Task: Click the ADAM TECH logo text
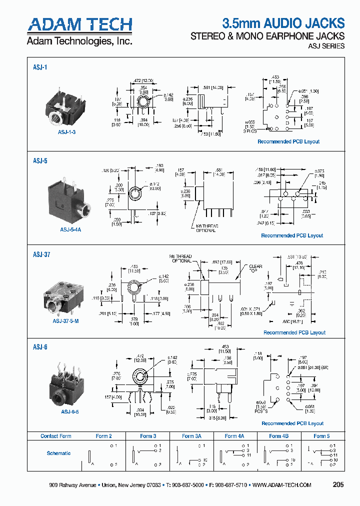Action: tap(79, 24)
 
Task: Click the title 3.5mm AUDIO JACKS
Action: tap(283, 23)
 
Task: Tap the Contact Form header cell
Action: tap(56, 436)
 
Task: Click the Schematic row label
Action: tap(58, 453)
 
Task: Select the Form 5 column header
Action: tap(321, 436)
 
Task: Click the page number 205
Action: tap(338, 484)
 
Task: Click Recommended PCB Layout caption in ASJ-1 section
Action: tap(288, 141)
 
